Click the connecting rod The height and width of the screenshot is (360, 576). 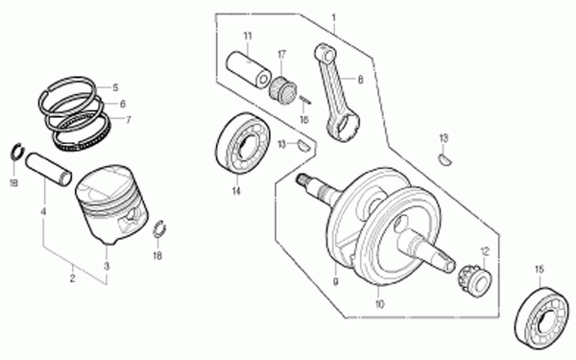pos(337,92)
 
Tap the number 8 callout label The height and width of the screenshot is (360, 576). pos(360,80)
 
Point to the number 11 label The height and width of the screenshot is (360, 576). pos(248,36)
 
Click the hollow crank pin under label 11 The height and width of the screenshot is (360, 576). pos(249,70)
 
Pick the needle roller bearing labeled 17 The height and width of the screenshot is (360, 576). pos(283,89)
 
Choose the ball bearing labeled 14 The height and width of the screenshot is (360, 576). pos(243,144)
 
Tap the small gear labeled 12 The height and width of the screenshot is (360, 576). pos(474,278)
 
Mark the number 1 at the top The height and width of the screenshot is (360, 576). pos(333,17)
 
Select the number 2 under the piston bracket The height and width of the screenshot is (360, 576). pos(72,278)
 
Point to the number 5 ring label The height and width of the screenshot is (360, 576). pos(116,87)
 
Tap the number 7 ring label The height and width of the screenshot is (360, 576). pos(128,120)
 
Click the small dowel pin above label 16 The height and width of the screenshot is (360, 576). pos(305,100)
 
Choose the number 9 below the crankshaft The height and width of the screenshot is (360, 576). pos(335,281)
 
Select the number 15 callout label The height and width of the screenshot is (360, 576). pos(539,270)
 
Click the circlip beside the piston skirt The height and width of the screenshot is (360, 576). pos(158,228)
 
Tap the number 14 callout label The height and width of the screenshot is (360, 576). pos(236,191)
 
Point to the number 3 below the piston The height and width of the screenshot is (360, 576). pos(107,266)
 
